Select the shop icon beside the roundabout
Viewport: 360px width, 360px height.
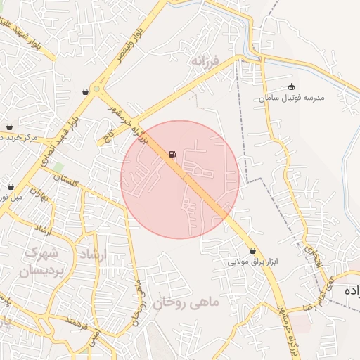click(86, 91)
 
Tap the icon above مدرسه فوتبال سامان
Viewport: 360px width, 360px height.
click(292, 86)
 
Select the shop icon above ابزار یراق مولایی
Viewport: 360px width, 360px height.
click(252, 250)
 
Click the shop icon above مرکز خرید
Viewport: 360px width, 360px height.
click(10, 127)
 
